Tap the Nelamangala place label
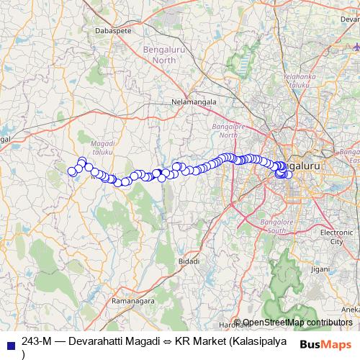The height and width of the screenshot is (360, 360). coord(193,102)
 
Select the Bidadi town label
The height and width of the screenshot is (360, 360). coord(189,261)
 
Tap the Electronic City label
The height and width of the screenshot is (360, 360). coord(336,237)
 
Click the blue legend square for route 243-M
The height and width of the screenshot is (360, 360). coord(9,341)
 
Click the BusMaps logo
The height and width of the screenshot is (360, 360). coord(325,343)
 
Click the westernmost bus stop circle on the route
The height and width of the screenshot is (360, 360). coord(72,171)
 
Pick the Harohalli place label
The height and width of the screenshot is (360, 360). coord(225,325)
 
